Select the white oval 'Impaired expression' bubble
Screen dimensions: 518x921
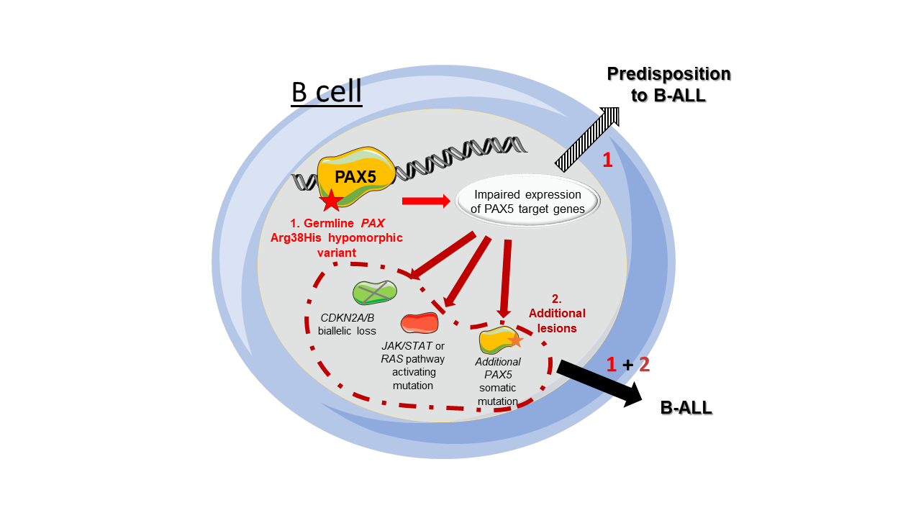click(x=527, y=201)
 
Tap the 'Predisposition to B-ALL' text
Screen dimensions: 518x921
click(x=668, y=84)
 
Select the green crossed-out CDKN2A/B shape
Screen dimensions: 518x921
click(x=374, y=292)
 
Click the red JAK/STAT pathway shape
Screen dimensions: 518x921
click(x=419, y=324)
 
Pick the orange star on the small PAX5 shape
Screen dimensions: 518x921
click(x=515, y=340)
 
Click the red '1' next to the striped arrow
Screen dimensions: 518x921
click(x=607, y=160)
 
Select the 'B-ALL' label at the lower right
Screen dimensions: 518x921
click(x=686, y=408)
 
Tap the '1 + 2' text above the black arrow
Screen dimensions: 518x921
click(x=627, y=365)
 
